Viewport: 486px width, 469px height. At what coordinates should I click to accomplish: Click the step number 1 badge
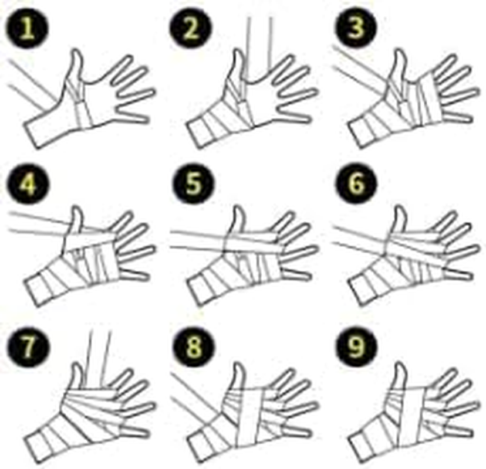click(27, 28)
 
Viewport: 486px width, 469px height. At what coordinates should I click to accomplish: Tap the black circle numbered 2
click(191, 28)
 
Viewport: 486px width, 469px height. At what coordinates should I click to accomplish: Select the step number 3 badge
click(356, 27)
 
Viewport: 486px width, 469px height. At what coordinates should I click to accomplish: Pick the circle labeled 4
click(28, 183)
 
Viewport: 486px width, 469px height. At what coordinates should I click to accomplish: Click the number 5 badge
click(194, 183)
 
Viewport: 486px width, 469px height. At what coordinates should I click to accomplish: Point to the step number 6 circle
click(356, 183)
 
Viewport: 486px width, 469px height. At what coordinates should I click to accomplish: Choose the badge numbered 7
click(29, 346)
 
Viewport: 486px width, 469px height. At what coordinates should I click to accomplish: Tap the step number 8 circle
click(194, 346)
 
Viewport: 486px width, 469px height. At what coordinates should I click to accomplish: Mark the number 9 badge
click(356, 346)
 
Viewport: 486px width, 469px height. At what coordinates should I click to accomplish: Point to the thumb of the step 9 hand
click(398, 378)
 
